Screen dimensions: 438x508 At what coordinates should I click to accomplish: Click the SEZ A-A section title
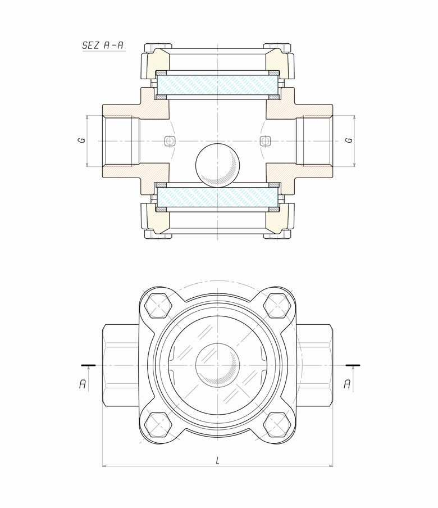click(103, 45)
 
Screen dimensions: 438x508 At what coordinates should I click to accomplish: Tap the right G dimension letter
click(349, 140)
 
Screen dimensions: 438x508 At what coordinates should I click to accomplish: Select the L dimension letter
click(217, 460)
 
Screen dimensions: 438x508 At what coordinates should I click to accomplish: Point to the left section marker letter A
click(83, 384)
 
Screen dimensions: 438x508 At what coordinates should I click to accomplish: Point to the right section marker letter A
click(347, 384)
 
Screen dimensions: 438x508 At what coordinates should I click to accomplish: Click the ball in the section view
click(217, 165)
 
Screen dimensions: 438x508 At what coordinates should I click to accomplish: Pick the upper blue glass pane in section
click(217, 85)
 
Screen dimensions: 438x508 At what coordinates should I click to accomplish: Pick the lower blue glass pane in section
click(217, 197)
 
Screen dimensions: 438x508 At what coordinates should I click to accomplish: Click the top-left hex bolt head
click(158, 306)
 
